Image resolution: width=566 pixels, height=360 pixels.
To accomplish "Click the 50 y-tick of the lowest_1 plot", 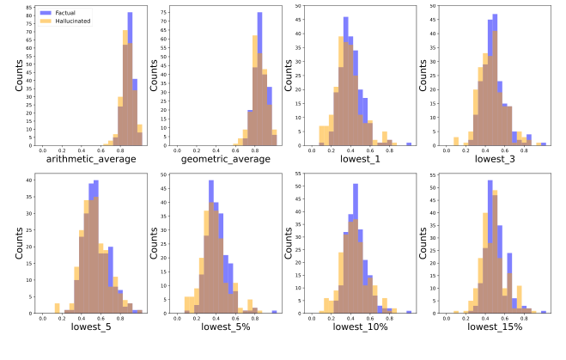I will click(x=297, y=6).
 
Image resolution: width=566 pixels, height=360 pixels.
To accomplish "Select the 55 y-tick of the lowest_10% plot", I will click(x=297, y=174).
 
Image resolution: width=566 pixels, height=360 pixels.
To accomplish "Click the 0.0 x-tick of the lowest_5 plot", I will click(x=43, y=318).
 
